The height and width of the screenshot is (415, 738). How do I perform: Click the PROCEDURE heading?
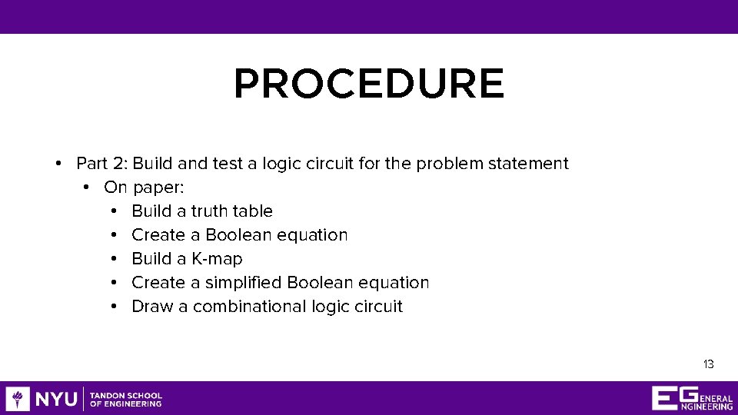tap(369, 85)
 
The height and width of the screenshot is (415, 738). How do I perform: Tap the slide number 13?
tap(708, 364)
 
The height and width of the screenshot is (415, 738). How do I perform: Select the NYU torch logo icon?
tap(18, 399)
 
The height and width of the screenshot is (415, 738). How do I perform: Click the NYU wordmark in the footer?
tap(56, 399)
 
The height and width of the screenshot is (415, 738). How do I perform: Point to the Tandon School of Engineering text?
tap(126, 400)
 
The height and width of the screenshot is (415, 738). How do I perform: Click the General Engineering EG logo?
tap(692, 398)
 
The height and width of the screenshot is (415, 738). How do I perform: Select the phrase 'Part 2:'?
tap(102, 164)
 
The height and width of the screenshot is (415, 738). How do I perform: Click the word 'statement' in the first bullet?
tap(532, 164)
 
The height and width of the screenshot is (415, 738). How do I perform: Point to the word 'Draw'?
tap(151, 307)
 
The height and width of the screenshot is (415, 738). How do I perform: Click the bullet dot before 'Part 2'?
tap(58, 164)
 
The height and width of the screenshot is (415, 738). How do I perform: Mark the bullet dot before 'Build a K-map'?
tap(114, 259)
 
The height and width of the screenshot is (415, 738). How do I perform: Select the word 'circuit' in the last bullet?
tap(377, 307)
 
